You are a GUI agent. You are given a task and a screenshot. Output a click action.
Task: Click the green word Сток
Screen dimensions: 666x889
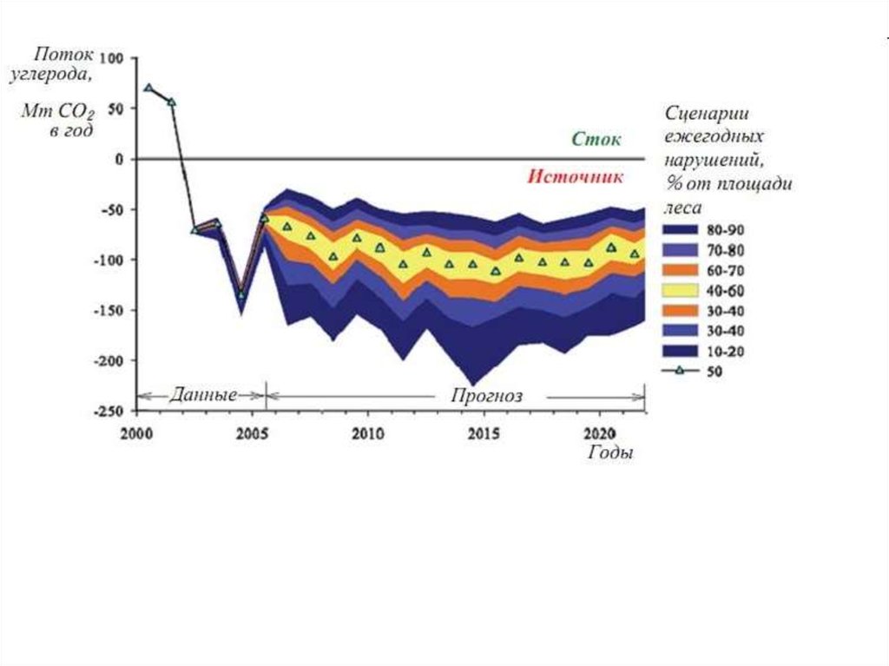click(597, 139)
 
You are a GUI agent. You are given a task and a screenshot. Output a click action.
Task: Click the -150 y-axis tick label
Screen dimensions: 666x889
click(108, 310)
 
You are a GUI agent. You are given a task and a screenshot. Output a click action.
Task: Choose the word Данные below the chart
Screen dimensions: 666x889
click(203, 396)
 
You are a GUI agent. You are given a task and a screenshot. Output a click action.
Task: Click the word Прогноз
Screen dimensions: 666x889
click(486, 396)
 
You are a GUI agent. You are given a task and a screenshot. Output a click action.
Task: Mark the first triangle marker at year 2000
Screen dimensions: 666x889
click(148, 88)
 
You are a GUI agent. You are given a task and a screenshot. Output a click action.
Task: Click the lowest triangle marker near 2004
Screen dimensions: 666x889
click(240, 295)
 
